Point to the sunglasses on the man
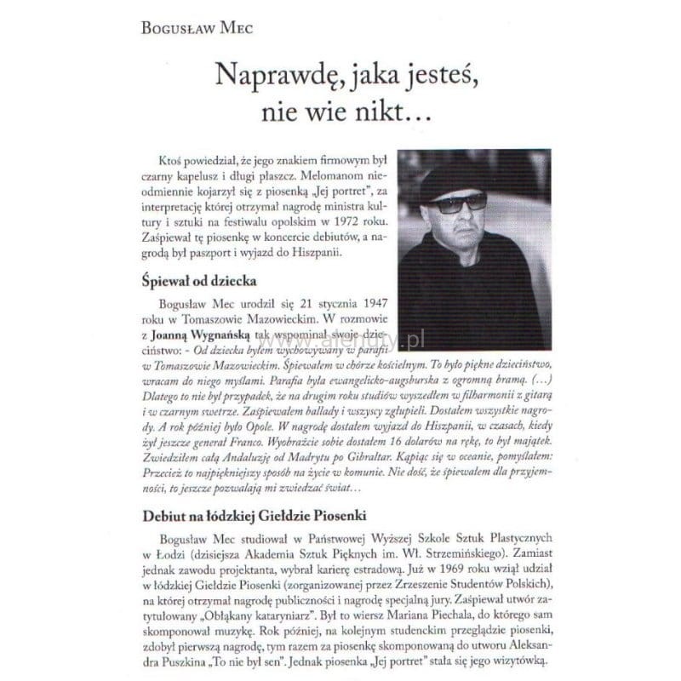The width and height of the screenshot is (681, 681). (458, 203)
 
